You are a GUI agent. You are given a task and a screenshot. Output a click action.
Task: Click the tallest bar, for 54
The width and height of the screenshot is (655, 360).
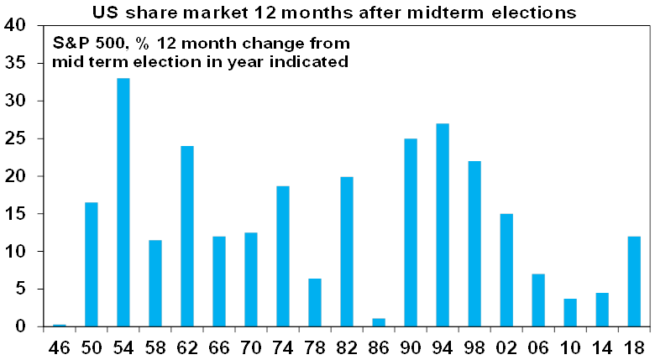123,202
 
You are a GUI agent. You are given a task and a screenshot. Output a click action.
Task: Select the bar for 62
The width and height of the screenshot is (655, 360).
187,236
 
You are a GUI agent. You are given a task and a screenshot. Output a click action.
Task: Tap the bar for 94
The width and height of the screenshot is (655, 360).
443,225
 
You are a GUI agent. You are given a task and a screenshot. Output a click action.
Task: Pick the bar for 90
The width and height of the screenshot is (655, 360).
411,232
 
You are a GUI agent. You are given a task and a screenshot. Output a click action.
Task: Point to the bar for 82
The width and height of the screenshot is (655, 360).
347,251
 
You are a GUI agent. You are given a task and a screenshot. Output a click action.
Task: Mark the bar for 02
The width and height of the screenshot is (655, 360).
506,270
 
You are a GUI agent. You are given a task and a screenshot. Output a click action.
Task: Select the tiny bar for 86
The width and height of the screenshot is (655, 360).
379,322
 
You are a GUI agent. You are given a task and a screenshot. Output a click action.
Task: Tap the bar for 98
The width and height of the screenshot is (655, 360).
475,243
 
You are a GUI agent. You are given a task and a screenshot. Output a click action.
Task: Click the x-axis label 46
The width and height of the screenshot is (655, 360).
59,346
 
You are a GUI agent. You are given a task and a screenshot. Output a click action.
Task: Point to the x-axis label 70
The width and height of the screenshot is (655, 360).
251,346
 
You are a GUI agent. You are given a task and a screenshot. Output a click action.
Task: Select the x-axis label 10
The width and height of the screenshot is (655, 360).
570,346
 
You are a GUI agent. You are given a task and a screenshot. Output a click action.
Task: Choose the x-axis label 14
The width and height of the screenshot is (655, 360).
602,346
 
